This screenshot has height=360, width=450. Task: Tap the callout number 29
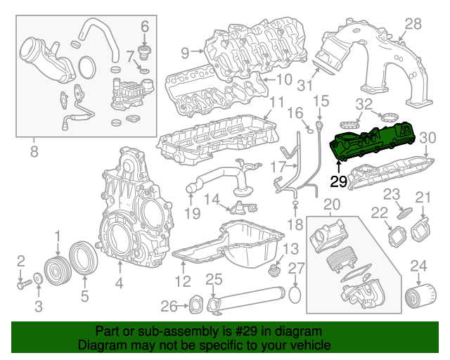pyautogui.click(x=338, y=181)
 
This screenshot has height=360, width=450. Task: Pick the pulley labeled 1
pyautogui.click(x=56, y=271)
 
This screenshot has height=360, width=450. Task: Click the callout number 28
pyautogui.click(x=412, y=25)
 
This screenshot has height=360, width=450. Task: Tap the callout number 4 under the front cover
pyautogui.click(x=118, y=285)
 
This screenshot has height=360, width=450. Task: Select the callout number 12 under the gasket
pyautogui.click(x=183, y=283)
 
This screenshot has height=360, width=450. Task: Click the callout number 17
pyautogui.click(x=277, y=167)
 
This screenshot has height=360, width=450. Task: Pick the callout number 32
pyautogui.click(x=364, y=104)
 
